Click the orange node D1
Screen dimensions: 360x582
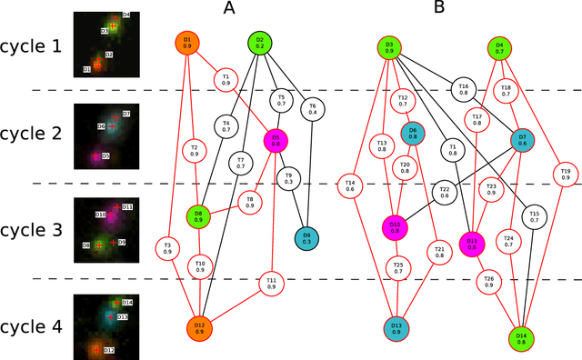(x=187, y=43)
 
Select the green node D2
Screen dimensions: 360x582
(x=259, y=43)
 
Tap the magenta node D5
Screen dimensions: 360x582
(x=275, y=141)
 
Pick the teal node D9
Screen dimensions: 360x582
(x=306, y=238)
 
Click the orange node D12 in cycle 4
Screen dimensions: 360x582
(x=199, y=328)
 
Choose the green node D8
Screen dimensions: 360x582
(x=198, y=216)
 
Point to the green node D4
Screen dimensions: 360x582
(x=498, y=48)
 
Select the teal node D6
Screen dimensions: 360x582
(x=413, y=134)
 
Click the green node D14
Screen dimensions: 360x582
(x=522, y=338)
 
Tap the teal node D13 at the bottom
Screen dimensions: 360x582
(x=396, y=328)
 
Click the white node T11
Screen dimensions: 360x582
(x=270, y=283)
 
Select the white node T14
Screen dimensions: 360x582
(x=350, y=185)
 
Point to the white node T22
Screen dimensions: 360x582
(x=445, y=191)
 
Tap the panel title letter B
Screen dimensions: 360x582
(x=438, y=10)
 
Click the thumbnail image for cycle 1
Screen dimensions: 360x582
(x=103, y=44)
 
